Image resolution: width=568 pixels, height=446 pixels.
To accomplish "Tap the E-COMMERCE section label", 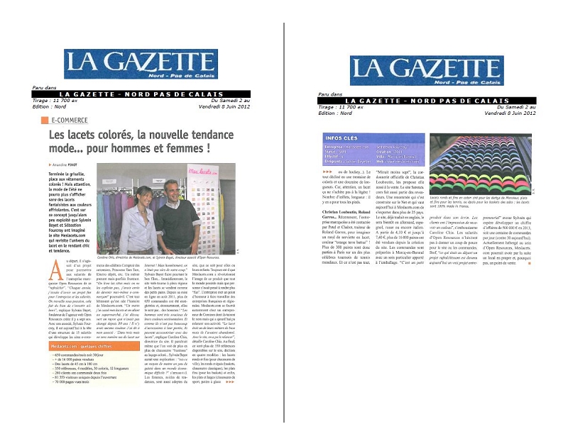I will click(x=67, y=121).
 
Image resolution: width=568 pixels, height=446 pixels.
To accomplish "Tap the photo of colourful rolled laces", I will click(x=480, y=164).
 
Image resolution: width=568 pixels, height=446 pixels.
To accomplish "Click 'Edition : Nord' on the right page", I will click(x=336, y=112).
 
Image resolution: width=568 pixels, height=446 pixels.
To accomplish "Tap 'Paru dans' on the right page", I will click(x=329, y=94).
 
